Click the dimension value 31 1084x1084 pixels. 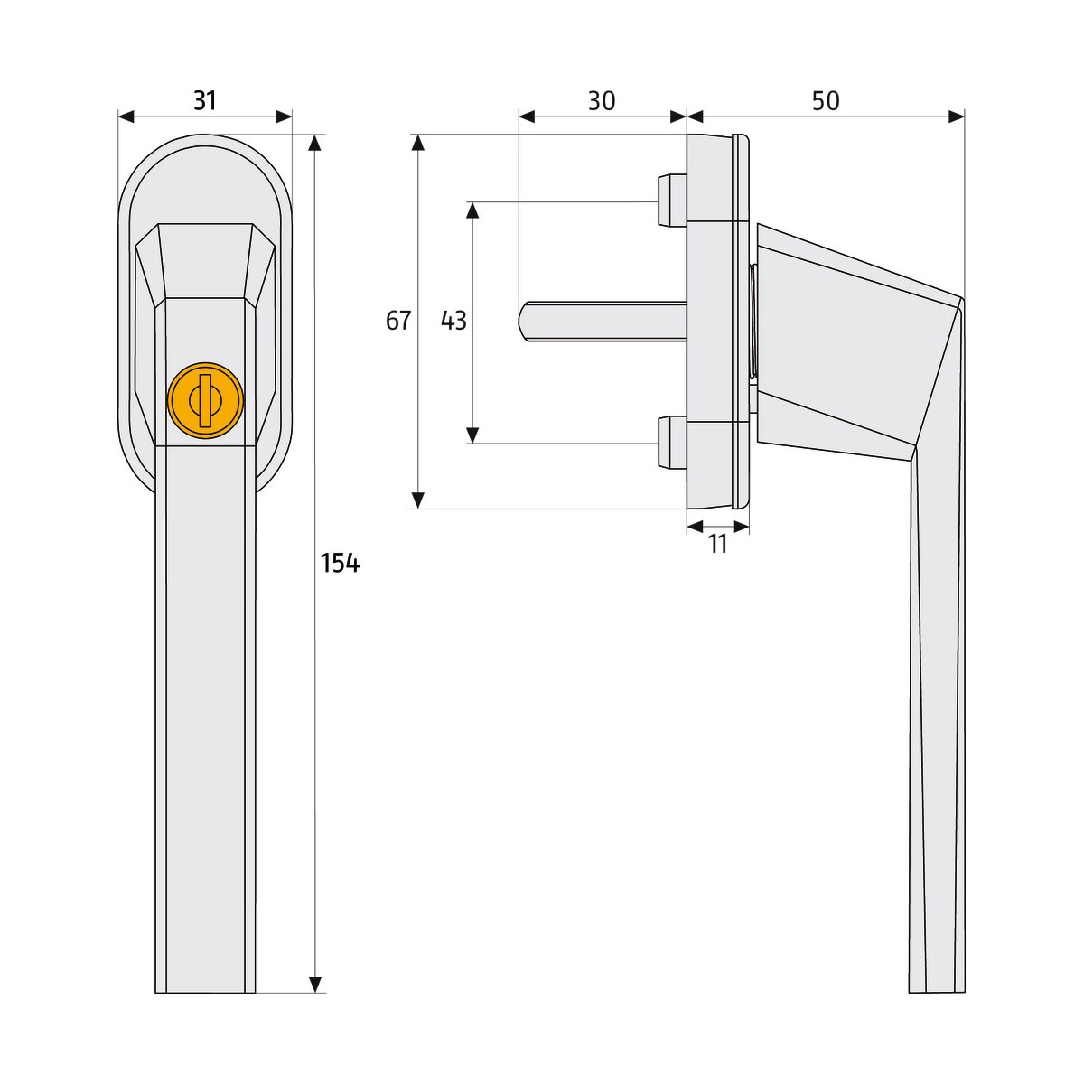pos(205,99)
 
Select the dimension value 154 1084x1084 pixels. pos(341,564)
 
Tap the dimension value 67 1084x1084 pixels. pos(398,321)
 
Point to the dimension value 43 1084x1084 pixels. pos(453,321)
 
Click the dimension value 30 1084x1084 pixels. pos(602,100)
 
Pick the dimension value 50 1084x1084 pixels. pos(826,100)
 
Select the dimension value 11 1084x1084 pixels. pos(718,545)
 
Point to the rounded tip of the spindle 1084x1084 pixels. pos(523,320)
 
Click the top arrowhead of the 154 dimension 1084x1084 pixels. pos(315,143)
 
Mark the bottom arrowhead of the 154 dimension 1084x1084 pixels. pos(315,985)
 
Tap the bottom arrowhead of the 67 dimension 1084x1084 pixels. pos(417,500)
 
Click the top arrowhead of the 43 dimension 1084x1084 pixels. pos(472,210)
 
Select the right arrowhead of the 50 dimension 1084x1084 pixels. pos(957,117)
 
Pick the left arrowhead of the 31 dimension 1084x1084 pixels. pos(126,117)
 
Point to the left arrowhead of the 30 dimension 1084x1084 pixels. pos(527,117)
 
